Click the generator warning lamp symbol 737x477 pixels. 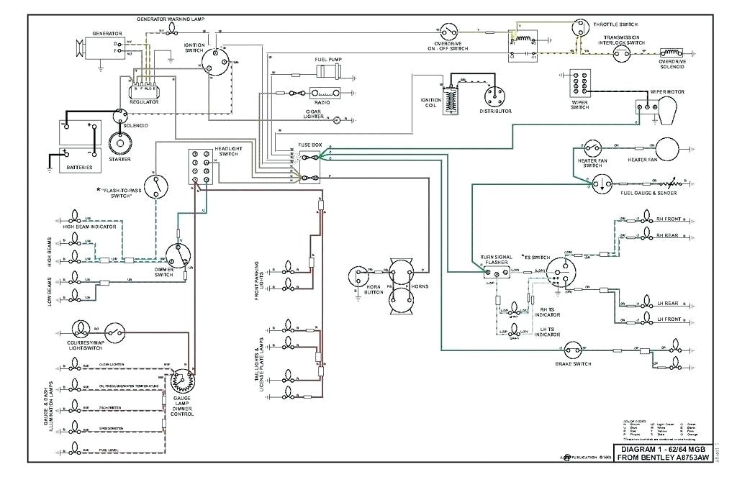coord(173,29)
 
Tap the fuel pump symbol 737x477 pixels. coord(331,71)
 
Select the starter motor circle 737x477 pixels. coord(119,143)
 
